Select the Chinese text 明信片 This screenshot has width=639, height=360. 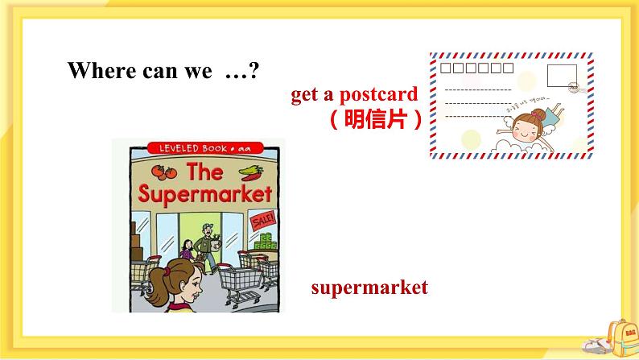377,119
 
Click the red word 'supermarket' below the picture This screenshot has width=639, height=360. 369,288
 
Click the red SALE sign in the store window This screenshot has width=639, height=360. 263,220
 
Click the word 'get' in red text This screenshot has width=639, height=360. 305,95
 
